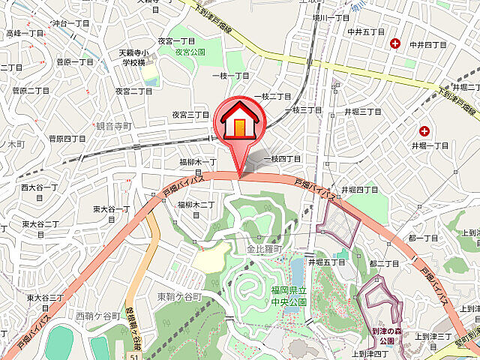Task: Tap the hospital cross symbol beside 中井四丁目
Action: pyautogui.click(x=396, y=44)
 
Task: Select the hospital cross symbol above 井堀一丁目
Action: pyautogui.click(x=424, y=130)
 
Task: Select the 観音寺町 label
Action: pyautogui.click(x=114, y=126)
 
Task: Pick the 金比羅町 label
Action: pyautogui.click(x=263, y=248)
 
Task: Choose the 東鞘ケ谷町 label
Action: pyautogui.click(x=180, y=297)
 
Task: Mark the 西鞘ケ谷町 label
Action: pyautogui.click(x=97, y=316)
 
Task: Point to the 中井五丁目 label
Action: pyautogui.click(x=367, y=32)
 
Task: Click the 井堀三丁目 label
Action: pyautogui.click(x=363, y=111)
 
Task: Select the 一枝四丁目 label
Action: pyautogui.click(x=281, y=159)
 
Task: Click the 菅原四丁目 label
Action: pyautogui.click(x=67, y=139)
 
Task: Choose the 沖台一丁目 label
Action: pyautogui.click(x=71, y=24)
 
